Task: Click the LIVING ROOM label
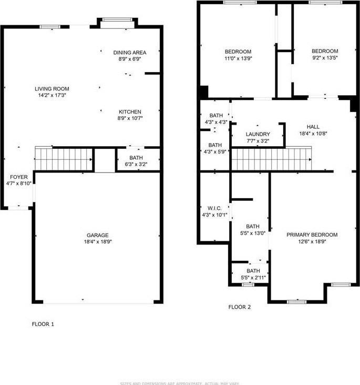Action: [x=52, y=89]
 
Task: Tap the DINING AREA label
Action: [x=130, y=53]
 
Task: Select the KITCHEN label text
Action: [x=130, y=112]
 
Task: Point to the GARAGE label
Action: [x=98, y=235]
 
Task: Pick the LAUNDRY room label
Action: [x=258, y=134]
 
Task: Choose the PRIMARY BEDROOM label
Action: [x=312, y=235]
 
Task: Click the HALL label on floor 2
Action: [x=313, y=127]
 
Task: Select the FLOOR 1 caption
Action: [x=43, y=324]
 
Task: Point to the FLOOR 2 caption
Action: [x=240, y=307]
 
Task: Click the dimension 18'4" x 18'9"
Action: [x=98, y=241]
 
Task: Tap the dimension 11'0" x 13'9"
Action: [x=238, y=58]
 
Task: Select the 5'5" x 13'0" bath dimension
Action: [x=253, y=233]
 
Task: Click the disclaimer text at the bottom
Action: [x=180, y=382]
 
